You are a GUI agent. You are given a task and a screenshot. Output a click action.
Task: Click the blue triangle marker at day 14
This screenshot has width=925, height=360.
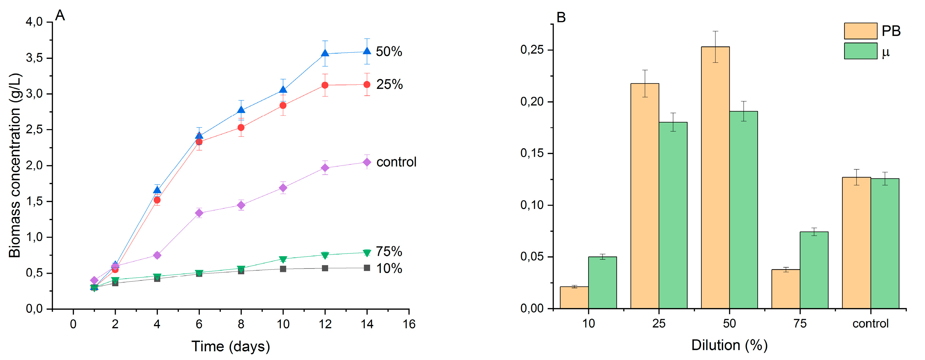[367, 51]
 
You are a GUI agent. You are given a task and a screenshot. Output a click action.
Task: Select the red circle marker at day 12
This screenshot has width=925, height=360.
[325, 85]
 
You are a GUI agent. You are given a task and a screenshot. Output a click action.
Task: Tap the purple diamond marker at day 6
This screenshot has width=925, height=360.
[199, 213]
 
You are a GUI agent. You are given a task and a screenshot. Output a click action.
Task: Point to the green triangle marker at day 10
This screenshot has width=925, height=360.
[283, 259]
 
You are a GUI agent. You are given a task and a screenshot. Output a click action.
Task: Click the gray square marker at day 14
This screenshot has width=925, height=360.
[367, 268]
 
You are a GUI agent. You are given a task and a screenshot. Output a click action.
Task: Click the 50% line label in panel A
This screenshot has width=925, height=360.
[389, 52]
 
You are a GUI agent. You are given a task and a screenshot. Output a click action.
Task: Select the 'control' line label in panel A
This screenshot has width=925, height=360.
[396, 162]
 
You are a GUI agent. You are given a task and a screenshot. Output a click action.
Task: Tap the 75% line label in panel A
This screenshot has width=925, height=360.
[389, 251]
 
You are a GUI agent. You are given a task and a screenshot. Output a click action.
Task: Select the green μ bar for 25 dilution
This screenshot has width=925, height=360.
[673, 215]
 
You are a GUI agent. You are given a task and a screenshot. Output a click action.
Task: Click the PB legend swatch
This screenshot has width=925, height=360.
[860, 31]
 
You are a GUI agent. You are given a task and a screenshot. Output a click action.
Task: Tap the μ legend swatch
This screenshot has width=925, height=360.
[860, 51]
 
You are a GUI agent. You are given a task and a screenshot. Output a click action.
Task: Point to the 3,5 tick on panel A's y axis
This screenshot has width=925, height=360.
[34, 58]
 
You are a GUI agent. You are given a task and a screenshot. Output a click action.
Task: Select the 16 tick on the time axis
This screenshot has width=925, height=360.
[409, 324]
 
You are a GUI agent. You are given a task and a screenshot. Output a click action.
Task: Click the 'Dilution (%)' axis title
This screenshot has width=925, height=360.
[729, 345]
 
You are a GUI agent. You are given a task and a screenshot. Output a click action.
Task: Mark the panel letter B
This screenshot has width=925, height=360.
[561, 17]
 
